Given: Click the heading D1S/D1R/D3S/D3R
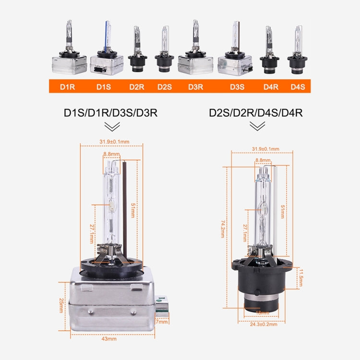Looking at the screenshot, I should [111, 113].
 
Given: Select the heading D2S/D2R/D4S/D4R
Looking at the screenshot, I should [258, 113].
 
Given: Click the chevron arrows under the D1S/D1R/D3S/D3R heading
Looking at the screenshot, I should [112, 126].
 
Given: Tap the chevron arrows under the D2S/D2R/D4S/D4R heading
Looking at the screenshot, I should [258, 126].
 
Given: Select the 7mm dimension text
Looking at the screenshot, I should [162, 322].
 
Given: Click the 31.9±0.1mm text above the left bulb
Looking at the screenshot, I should [114, 142].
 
